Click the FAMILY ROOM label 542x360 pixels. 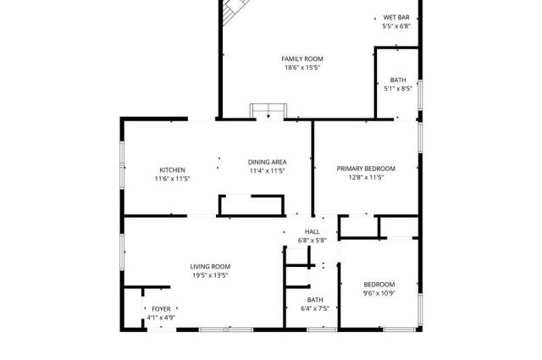tap(302, 58)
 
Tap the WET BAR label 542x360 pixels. tap(396, 17)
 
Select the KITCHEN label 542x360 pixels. tap(172, 169)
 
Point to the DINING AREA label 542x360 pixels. tap(268, 162)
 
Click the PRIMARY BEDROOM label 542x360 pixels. tap(366, 169)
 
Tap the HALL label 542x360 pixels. tap(312, 231)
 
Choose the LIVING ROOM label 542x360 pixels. tap(210, 266)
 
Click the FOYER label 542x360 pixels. tap(161, 309)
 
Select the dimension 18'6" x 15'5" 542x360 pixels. tap(302, 68)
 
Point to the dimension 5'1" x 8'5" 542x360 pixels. tap(398, 89)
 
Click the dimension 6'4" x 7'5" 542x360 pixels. tap(315, 308)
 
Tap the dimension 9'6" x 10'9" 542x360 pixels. tap(379, 293)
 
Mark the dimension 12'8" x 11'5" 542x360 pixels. tap(366, 177)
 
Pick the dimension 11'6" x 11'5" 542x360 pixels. tap(173, 179)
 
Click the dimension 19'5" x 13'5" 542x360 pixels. tap(210, 275)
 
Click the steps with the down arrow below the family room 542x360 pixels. tap(268, 111)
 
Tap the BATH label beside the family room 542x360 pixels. tap(398, 80)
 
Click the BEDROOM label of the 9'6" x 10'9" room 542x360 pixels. tap(379, 285)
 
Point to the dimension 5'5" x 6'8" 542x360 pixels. tap(396, 26)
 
